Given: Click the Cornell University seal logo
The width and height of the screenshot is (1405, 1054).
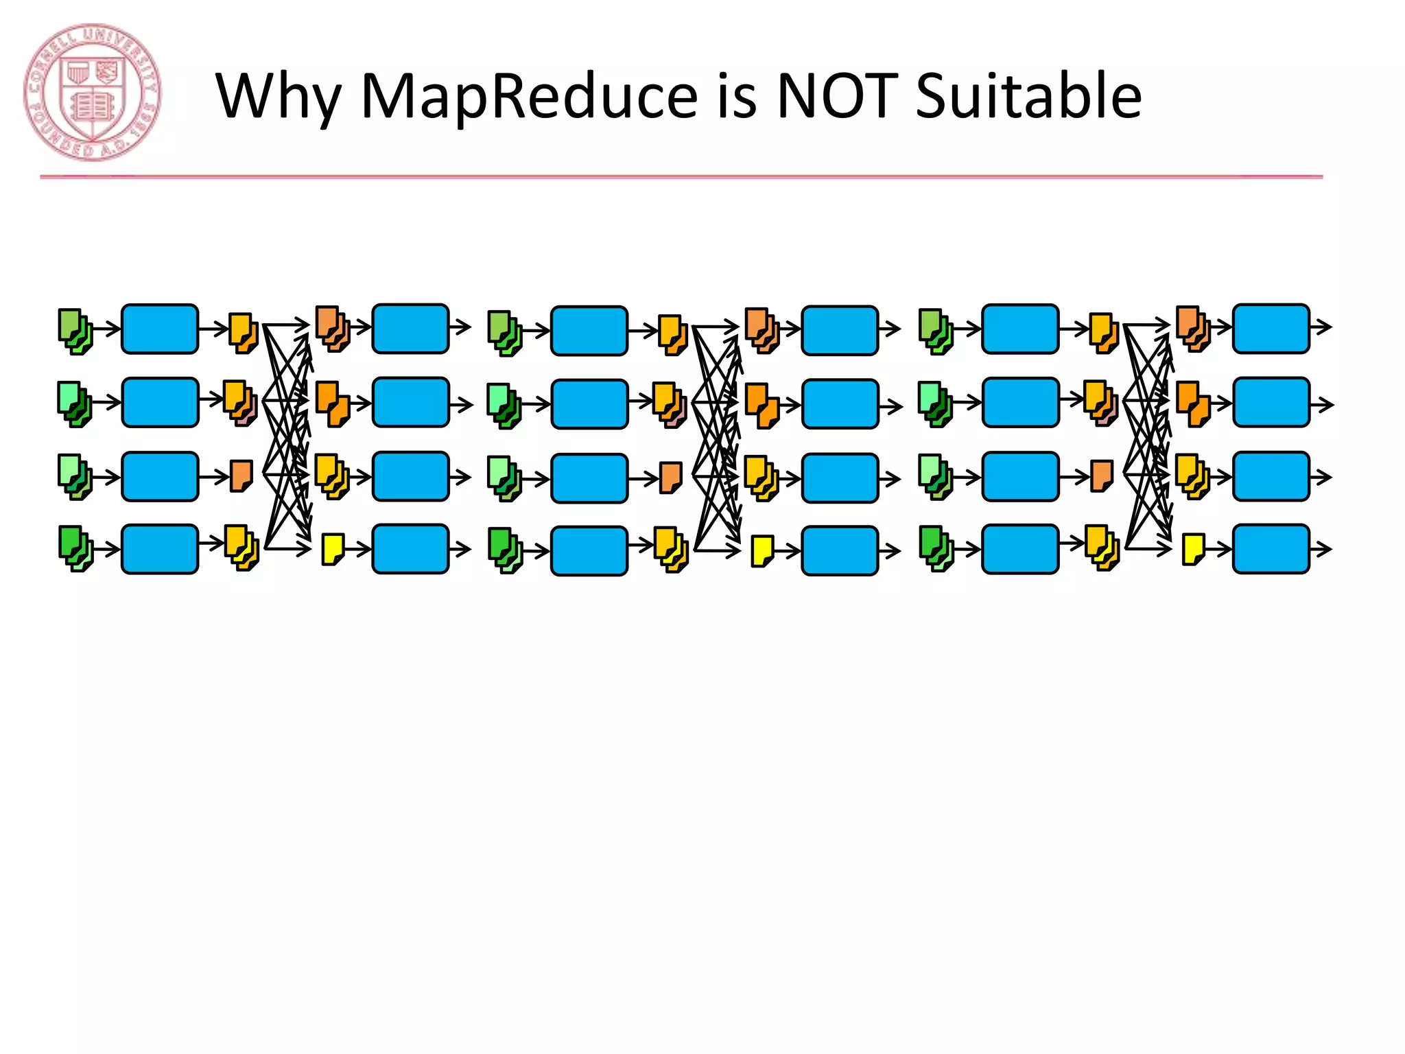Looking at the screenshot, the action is coord(92,92).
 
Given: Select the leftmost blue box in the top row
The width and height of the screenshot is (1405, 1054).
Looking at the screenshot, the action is coord(160,329).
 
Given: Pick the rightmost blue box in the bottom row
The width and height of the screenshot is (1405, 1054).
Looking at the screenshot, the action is coord(1271,549).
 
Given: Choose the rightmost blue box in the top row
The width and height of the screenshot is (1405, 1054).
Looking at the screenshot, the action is coord(1271,329).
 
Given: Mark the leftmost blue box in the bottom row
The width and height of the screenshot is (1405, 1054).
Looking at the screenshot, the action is coord(160,549).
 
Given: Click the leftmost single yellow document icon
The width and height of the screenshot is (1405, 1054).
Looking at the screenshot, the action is coord(333,549).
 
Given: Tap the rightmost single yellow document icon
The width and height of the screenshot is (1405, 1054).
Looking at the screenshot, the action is coord(1193,549).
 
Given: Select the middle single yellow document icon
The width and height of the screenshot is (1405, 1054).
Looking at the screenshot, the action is coord(762,551).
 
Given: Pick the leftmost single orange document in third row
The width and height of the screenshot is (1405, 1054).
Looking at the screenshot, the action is coord(241,476).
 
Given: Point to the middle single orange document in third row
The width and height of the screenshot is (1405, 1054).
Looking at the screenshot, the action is coord(671,478).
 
